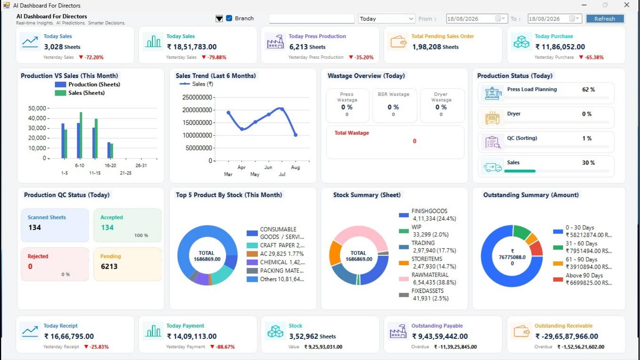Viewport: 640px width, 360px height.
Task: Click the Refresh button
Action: [x=605, y=18]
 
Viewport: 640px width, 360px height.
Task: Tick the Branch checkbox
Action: [x=229, y=18]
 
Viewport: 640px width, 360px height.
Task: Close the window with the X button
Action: [x=626, y=5]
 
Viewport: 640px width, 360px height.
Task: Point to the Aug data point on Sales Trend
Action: [x=296, y=135]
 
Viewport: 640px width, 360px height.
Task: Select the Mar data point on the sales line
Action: [x=228, y=113]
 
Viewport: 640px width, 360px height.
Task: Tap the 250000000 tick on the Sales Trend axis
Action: [x=197, y=97]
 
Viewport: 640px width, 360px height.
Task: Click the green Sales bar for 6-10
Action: [x=81, y=135]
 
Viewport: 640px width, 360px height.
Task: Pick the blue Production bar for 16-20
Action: [x=109, y=150]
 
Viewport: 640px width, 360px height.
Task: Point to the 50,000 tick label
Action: [x=37, y=108]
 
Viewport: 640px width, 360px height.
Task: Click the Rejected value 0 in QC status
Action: [x=30, y=266]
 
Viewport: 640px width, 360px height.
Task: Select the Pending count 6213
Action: [x=109, y=266]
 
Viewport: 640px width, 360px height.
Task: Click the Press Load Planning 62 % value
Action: [x=588, y=89]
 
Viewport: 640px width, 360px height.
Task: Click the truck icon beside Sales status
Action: [x=492, y=168]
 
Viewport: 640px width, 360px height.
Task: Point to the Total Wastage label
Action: [x=352, y=133]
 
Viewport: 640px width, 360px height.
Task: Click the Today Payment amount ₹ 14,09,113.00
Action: [x=192, y=336]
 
